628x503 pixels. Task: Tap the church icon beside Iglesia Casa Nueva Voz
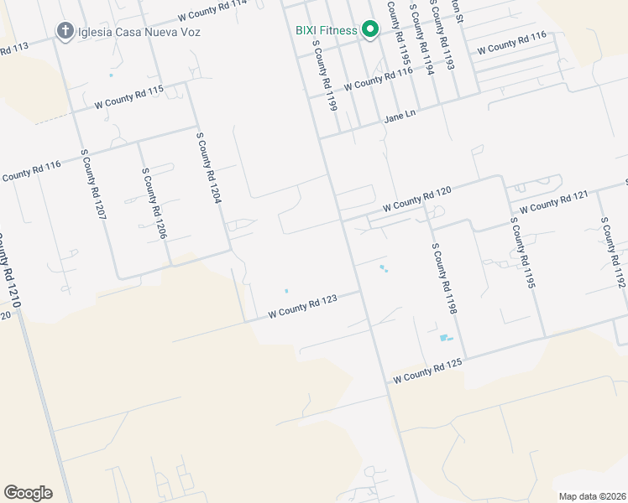point(65,32)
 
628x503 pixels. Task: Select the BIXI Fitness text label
point(326,30)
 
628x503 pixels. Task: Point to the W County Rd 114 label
point(212,10)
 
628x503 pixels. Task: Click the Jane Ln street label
point(400,117)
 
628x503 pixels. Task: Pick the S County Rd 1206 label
point(154,202)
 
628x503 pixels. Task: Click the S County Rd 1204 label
point(208,168)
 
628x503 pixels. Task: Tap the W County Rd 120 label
point(417,200)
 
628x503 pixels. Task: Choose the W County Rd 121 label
point(553,202)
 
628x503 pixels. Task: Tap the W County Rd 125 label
point(427,371)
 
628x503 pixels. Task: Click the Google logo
point(28,492)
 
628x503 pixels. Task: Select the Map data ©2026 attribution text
point(591,496)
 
